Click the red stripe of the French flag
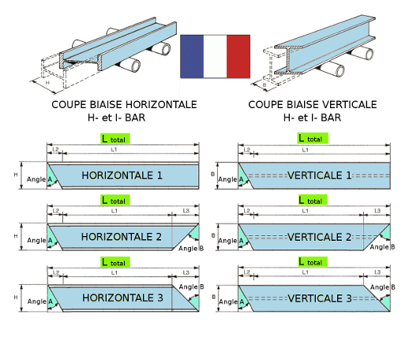coord(238,56)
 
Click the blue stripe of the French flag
coord(192,56)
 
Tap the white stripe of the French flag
coord(215,56)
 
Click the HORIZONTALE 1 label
coord(122,175)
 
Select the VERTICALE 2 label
coord(319,238)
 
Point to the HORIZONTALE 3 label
coord(122,298)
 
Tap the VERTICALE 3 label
coord(320,298)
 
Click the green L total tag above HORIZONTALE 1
coord(115,139)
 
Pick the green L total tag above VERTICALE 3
coord(313,262)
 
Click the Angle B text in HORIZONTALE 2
coord(191,249)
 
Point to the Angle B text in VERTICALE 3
coord(383,287)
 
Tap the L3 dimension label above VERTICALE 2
coord(377,211)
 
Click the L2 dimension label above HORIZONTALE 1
coord(55,149)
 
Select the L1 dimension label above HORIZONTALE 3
coord(114,272)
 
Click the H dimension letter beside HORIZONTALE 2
coord(16,236)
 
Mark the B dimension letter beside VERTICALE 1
coord(212,174)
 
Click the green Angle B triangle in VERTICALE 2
coord(385,233)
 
